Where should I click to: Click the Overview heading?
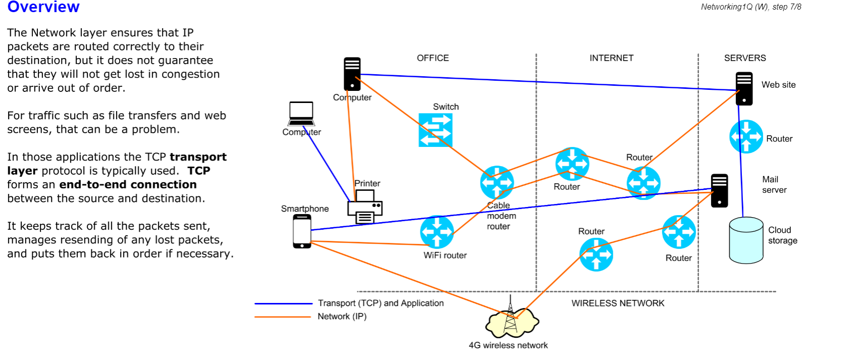click(x=43, y=7)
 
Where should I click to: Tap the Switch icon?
click(x=436, y=130)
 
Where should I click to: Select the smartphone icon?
click(x=302, y=231)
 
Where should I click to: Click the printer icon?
click(x=365, y=207)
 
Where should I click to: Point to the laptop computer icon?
click(x=301, y=114)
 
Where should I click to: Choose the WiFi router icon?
click(x=437, y=232)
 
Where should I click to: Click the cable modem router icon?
click(x=497, y=182)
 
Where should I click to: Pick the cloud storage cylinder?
click(x=746, y=240)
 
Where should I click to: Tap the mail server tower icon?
click(x=719, y=190)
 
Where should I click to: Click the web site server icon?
click(x=744, y=89)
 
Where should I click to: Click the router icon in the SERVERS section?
click(x=746, y=136)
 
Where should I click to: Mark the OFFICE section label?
click(x=433, y=58)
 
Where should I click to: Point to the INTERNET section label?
click(x=611, y=58)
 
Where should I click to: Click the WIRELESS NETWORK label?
click(x=618, y=303)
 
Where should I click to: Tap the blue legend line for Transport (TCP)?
click(x=283, y=303)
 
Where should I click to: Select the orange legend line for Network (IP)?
click(x=283, y=317)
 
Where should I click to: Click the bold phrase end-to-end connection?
click(x=128, y=185)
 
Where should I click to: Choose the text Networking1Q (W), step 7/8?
click(x=750, y=7)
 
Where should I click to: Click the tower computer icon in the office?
click(x=352, y=74)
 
